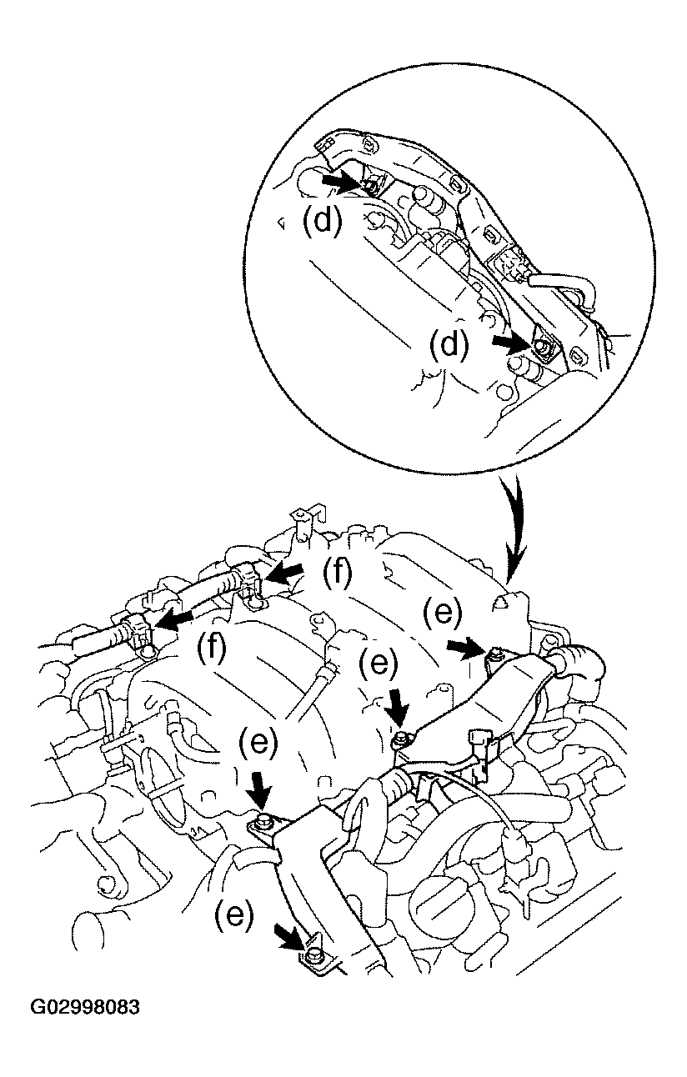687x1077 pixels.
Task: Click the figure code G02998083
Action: point(85,1007)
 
